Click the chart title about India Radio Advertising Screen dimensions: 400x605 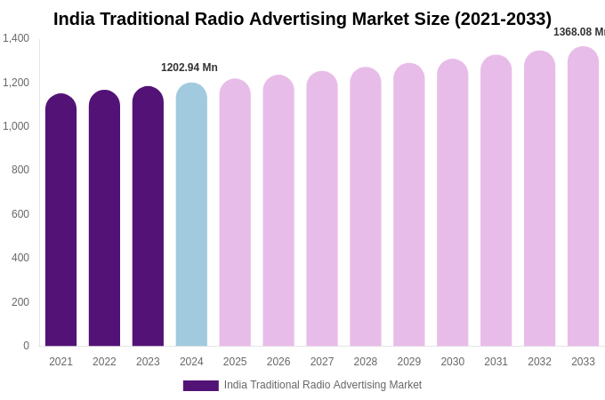coord(302,19)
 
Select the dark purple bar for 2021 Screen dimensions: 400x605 coord(60,222)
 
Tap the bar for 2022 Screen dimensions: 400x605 coord(104,220)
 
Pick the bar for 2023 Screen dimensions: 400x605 coord(148,219)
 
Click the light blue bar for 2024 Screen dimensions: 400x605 coord(191,217)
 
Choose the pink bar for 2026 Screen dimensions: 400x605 coord(278,213)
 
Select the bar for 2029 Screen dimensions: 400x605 coord(409,207)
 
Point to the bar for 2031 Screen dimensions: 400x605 coord(496,203)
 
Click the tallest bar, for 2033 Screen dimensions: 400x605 coord(583,198)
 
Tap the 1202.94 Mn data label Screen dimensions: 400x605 coord(190,68)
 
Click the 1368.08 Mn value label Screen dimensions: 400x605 coord(579,32)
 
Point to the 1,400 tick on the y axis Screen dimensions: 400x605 coord(16,38)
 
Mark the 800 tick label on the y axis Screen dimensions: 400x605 coord(20,170)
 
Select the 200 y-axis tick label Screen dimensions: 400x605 coord(20,302)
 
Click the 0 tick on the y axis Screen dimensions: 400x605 coord(26,346)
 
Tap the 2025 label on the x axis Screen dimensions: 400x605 coord(235,362)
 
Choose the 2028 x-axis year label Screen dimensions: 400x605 coord(366,362)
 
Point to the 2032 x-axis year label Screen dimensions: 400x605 coord(539,362)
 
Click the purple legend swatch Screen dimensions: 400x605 coord(200,386)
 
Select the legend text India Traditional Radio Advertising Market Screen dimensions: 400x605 coord(323,385)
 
